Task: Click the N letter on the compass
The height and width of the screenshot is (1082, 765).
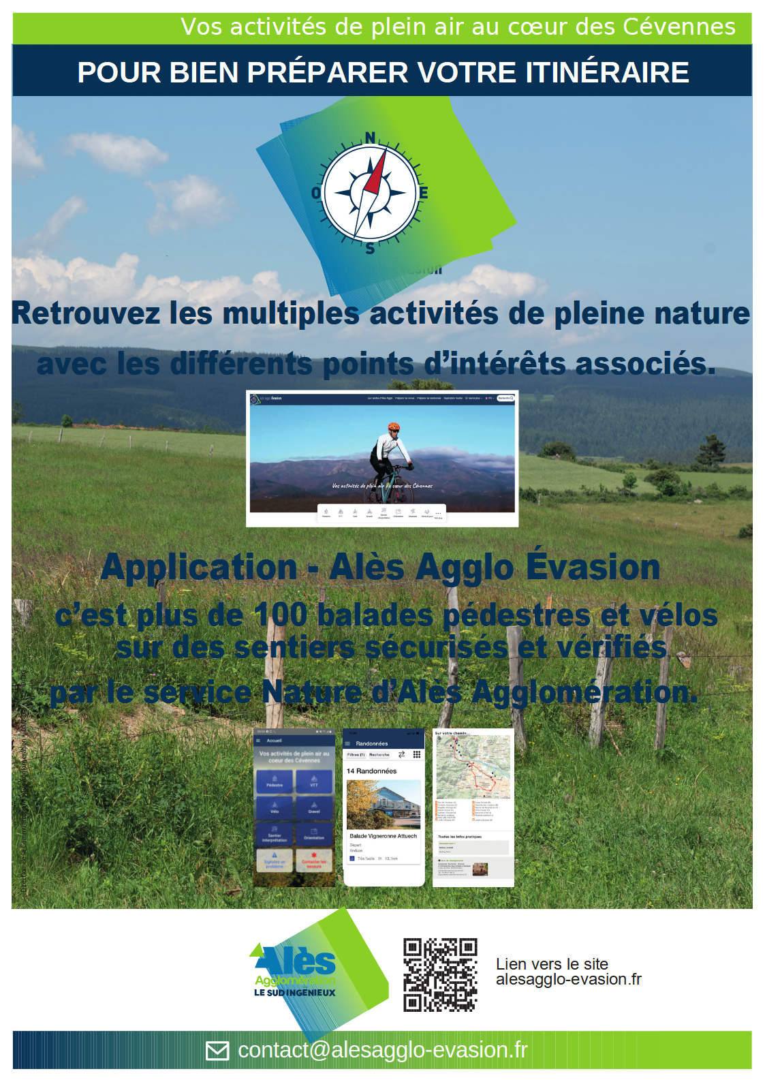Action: [x=370, y=138]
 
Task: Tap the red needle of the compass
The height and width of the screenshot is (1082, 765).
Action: [x=375, y=173]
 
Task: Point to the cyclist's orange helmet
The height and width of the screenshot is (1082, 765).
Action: [x=394, y=427]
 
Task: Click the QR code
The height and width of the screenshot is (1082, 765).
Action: [x=440, y=974]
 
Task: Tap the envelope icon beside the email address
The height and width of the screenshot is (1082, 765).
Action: [x=217, y=1051]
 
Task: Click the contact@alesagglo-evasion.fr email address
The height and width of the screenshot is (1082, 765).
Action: [x=382, y=1050]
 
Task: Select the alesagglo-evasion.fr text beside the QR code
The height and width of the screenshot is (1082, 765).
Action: [x=568, y=979]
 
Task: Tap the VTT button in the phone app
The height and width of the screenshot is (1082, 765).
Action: [x=314, y=782]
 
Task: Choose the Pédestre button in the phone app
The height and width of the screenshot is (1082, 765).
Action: [x=275, y=782]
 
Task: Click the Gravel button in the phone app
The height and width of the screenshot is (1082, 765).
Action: [x=314, y=808]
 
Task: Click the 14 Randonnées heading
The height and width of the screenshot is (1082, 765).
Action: [x=371, y=771]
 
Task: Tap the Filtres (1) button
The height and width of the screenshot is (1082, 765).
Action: [x=356, y=755]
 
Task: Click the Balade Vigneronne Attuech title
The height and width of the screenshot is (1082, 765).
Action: [x=383, y=836]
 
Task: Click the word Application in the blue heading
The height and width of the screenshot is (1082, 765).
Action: [x=199, y=568]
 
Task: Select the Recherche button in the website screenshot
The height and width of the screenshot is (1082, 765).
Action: [x=505, y=398]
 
